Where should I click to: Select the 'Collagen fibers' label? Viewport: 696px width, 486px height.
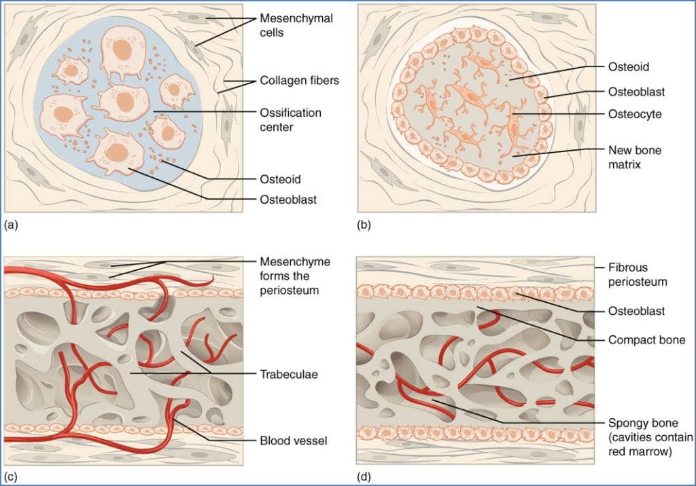pyautogui.click(x=299, y=81)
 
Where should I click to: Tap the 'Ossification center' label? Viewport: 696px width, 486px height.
pyautogui.click(x=290, y=119)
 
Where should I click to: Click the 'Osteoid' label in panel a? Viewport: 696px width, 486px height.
pyautogui.click(x=279, y=179)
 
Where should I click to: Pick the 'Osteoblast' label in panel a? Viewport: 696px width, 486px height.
pyautogui.click(x=288, y=200)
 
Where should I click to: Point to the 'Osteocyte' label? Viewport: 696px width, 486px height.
pyautogui.click(x=633, y=113)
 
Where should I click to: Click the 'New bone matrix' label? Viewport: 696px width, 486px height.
pyautogui.click(x=634, y=156)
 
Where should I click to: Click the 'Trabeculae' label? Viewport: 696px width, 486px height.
pyautogui.click(x=288, y=373)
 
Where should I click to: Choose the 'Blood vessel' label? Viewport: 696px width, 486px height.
pyautogui.click(x=294, y=441)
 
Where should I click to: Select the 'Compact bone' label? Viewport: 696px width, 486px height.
pyautogui.click(x=638, y=339)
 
